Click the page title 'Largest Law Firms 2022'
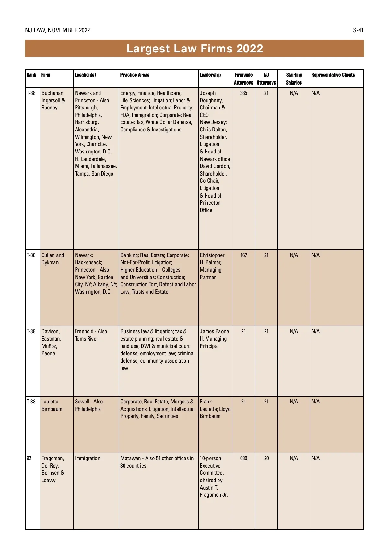194,49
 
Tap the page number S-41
358,30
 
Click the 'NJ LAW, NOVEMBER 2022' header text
57,30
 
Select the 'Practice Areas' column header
135,75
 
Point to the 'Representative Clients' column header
333,75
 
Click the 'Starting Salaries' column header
294,79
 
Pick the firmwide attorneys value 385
243,93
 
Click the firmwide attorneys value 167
243,255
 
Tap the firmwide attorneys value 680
243,458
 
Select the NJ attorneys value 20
266,458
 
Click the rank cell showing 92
29,458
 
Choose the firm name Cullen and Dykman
53,259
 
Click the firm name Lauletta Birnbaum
52,405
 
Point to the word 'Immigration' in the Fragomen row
88,458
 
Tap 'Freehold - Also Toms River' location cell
91,335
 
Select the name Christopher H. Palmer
212,259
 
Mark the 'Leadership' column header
210,75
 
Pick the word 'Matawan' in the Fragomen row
130,458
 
